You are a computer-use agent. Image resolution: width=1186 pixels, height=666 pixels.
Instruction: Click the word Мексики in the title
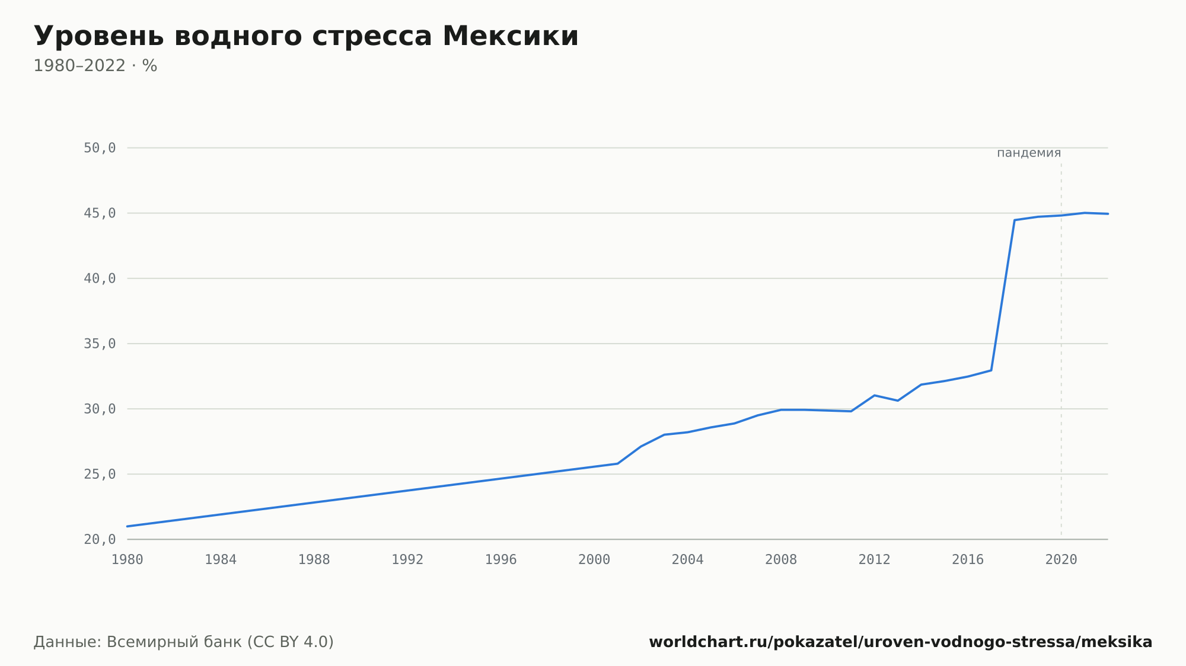click(x=510, y=36)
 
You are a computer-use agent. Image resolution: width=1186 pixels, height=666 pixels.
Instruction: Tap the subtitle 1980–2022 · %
click(x=95, y=66)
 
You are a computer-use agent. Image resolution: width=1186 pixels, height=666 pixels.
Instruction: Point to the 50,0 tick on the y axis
click(x=100, y=148)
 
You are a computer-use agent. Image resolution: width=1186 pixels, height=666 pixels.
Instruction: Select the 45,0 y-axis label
click(x=100, y=213)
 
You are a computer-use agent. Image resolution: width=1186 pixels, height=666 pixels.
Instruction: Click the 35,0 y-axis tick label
click(x=100, y=344)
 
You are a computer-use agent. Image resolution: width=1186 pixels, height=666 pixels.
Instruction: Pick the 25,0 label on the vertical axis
click(x=100, y=474)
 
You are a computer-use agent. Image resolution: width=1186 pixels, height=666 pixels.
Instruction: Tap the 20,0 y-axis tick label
click(x=100, y=539)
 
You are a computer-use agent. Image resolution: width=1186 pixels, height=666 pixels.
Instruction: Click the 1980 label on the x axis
click(x=127, y=560)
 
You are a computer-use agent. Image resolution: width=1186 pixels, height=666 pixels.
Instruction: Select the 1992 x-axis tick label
click(x=407, y=560)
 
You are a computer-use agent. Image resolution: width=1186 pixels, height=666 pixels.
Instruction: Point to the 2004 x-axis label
click(x=688, y=560)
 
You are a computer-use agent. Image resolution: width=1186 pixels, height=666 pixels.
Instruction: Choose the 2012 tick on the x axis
click(x=875, y=560)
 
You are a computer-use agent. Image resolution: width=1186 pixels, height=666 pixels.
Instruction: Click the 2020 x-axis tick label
click(x=1061, y=560)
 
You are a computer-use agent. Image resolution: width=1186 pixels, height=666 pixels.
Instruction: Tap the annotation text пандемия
click(x=1029, y=153)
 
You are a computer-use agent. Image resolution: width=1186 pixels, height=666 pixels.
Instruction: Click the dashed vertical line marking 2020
click(x=1061, y=350)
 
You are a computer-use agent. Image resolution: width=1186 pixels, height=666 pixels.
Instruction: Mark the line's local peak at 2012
click(x=875, y=395)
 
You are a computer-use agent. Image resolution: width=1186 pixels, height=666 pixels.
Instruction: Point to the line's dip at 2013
click(x=898, y=401)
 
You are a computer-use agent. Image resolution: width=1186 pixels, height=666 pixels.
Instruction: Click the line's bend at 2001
click(x=617, y=463)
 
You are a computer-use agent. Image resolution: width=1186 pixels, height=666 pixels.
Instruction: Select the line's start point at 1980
click(x=127, y=526)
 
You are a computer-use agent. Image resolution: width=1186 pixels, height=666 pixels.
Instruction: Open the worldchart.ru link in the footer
click(x=901, y=642)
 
